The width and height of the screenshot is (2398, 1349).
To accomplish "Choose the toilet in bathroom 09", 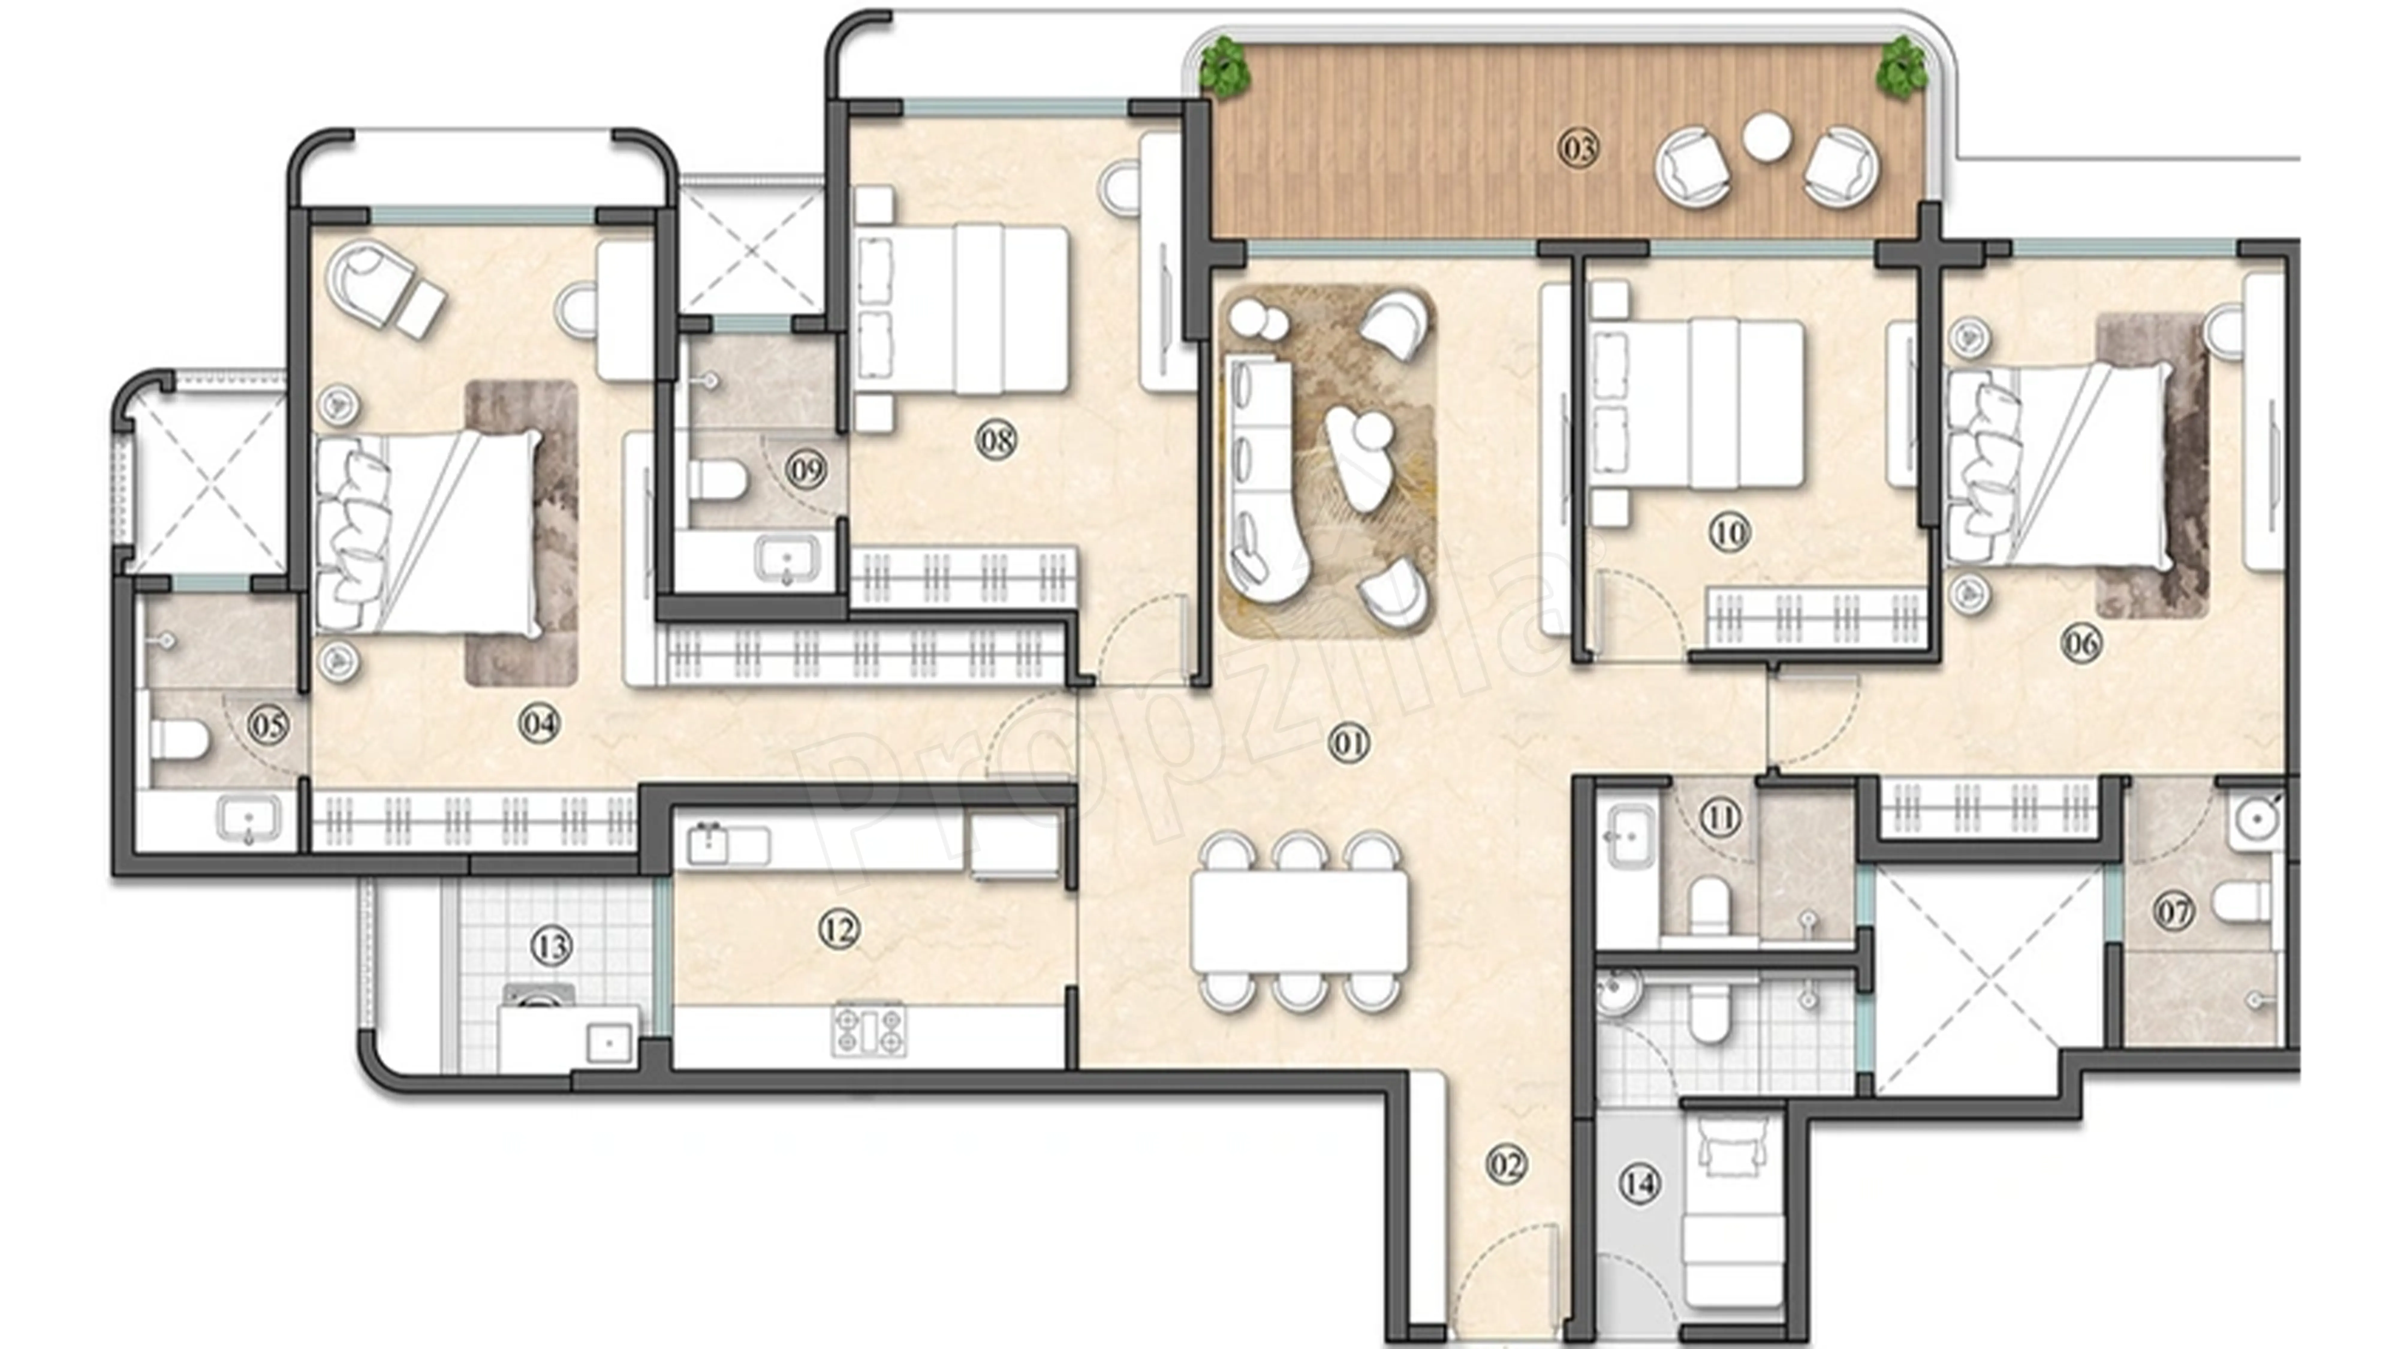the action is pos(718,480).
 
